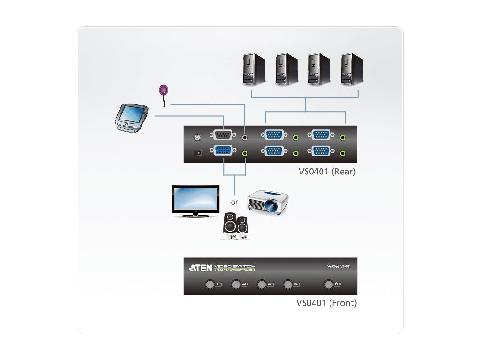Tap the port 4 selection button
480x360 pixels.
[x=288, y=284]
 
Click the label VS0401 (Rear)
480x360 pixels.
[x=327, y=172]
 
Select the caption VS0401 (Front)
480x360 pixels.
[x=326, y=303]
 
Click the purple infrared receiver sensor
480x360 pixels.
[x=164, y=90]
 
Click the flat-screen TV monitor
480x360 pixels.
[x=195, y=201]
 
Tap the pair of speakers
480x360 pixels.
[x=235, y=227]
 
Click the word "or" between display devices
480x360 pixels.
[x=234, y=202]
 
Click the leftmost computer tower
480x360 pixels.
[x=254, y=69]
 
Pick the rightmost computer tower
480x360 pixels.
[x=352, y=69]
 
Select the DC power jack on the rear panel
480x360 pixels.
[x=199, y=152]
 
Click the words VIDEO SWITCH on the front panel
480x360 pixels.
[x=235, y=266]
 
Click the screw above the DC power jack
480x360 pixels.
[x=197, y=137]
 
